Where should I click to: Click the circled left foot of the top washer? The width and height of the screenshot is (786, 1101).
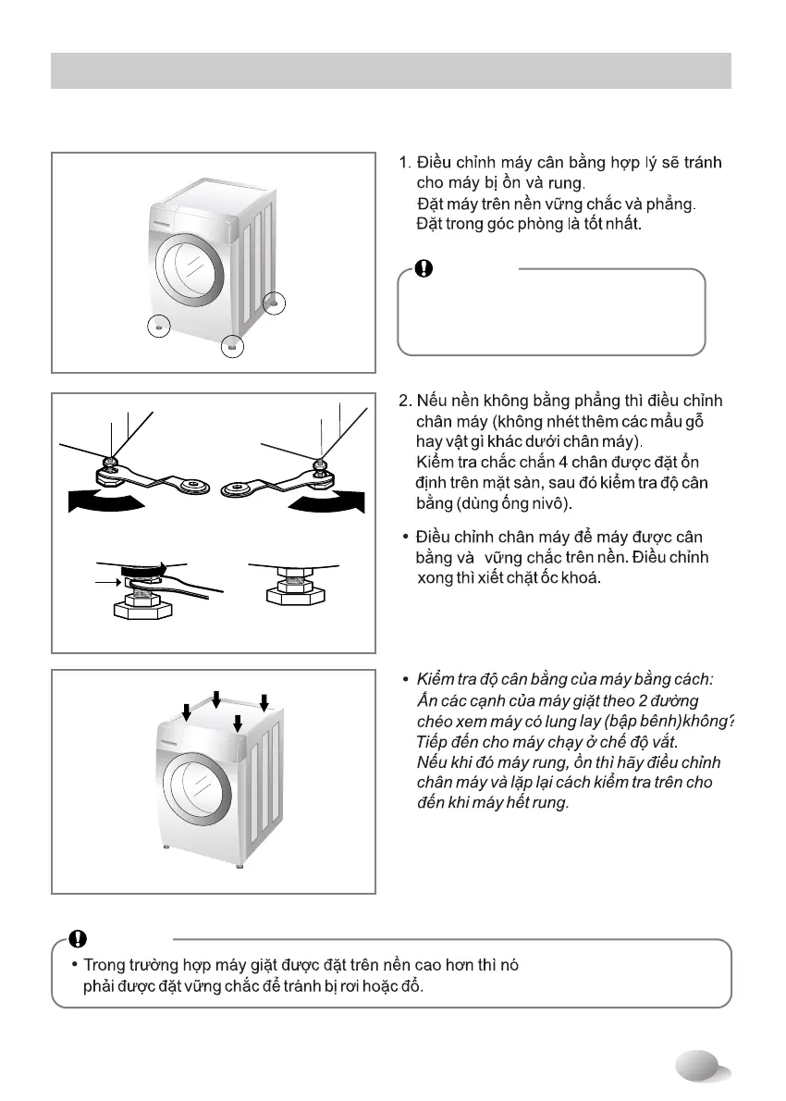click(x=159, y=327)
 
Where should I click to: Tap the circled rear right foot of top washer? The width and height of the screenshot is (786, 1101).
click(x=274, y=303)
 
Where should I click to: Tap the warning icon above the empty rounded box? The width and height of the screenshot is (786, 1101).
click(x=423, y=268)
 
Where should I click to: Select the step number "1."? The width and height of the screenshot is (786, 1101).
click(x=405, y=164)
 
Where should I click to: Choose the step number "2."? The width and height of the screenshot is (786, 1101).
click(x=405, y=402)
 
